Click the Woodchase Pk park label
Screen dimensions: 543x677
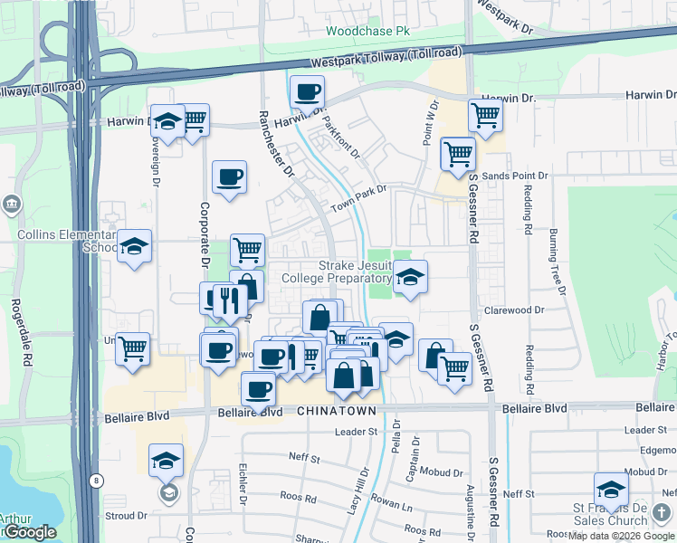[367, 31]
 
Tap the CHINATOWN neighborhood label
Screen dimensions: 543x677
[334, 411]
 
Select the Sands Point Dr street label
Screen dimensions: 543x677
[517, 176]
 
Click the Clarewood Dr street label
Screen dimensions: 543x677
[513, 310]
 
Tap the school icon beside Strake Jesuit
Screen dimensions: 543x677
[410, 277]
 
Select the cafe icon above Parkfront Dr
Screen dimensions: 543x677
[308, 91]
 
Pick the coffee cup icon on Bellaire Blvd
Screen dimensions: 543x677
[259, 389]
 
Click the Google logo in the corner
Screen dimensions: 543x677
[29, 532]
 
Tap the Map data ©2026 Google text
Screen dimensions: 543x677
[622, 536]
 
